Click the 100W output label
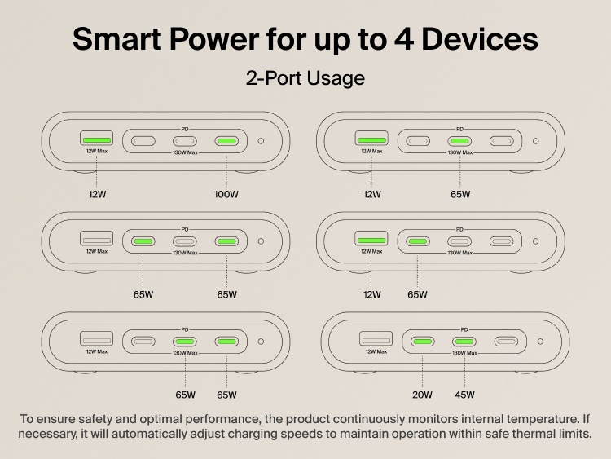coord(227,195)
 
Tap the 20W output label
coord(422,395)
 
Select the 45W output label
coord(464,395)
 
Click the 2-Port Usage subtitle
coord(305,79)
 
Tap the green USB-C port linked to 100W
coord(227,141)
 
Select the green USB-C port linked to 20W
coord(422,342)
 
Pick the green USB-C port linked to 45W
coord(464,342)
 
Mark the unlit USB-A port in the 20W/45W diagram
coord(376,341)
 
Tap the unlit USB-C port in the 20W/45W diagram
coord(506,342)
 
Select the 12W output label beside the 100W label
coord(97,195)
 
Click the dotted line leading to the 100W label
coord(227,170)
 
